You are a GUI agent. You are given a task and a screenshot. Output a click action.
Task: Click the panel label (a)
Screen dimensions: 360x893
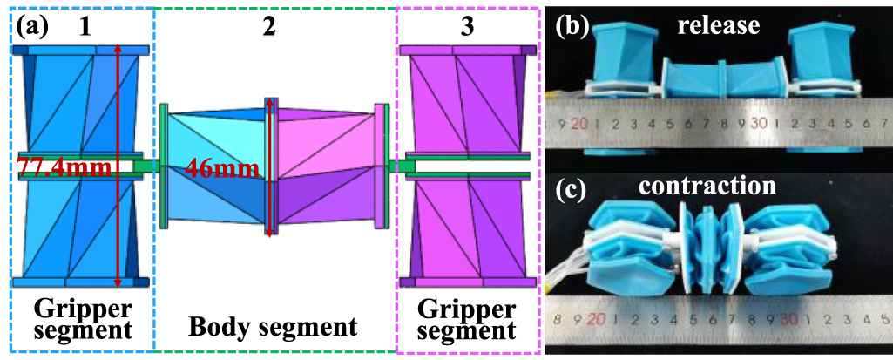pos(33,26)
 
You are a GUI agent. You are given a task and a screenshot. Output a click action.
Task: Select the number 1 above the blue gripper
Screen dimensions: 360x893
pos(85,25)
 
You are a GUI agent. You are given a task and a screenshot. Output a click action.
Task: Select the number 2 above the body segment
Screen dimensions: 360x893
pos(268,25)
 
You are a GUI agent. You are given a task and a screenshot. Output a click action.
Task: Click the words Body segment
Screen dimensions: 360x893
pos(274,328)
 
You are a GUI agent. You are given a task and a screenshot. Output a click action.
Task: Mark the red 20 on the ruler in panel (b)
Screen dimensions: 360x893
pos(579,123)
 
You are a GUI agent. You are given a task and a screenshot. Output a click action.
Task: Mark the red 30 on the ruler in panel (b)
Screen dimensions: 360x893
pos(758,123)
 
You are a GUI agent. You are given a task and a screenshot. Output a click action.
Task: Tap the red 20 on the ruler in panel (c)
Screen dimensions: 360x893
pos(597,319)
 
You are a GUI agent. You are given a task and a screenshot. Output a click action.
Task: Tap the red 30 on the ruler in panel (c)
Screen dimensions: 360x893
pos(788,319)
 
